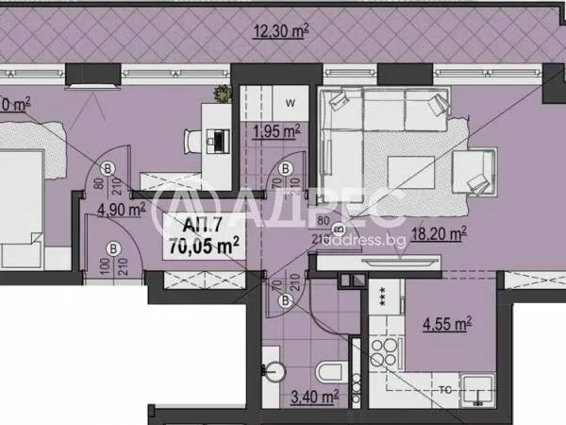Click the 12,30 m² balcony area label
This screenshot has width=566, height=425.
(282, 30)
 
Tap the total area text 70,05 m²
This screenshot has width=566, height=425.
(201, 244)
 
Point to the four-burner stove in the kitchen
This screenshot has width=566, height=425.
(383, 351)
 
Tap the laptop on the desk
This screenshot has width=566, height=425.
(218, 139)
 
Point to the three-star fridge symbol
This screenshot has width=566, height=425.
(385, 294)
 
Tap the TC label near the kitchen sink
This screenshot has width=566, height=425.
(444, 387)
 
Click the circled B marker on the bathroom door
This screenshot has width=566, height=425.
(287, 300)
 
